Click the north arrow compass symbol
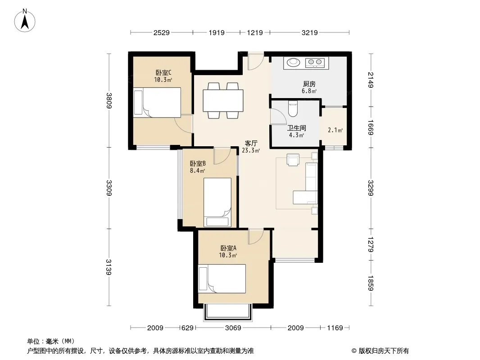[25, 21]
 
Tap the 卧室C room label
[163, 73]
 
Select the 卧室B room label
[198, 164]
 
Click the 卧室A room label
[228, 248]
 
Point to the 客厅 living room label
[251, 143]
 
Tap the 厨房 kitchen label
[309, 84]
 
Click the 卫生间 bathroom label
[296, 128]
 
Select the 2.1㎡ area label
[335, 130]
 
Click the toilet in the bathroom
[293, 109]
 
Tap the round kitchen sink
[294, 62]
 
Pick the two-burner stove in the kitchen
[315, 63]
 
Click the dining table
[223, 101]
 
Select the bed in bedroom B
[217, 202]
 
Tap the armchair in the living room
[293, 160]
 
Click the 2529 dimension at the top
[161, 33]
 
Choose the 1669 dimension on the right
[371, 127]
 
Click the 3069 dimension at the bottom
[233, 328]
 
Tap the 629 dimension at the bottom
[188, 328]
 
